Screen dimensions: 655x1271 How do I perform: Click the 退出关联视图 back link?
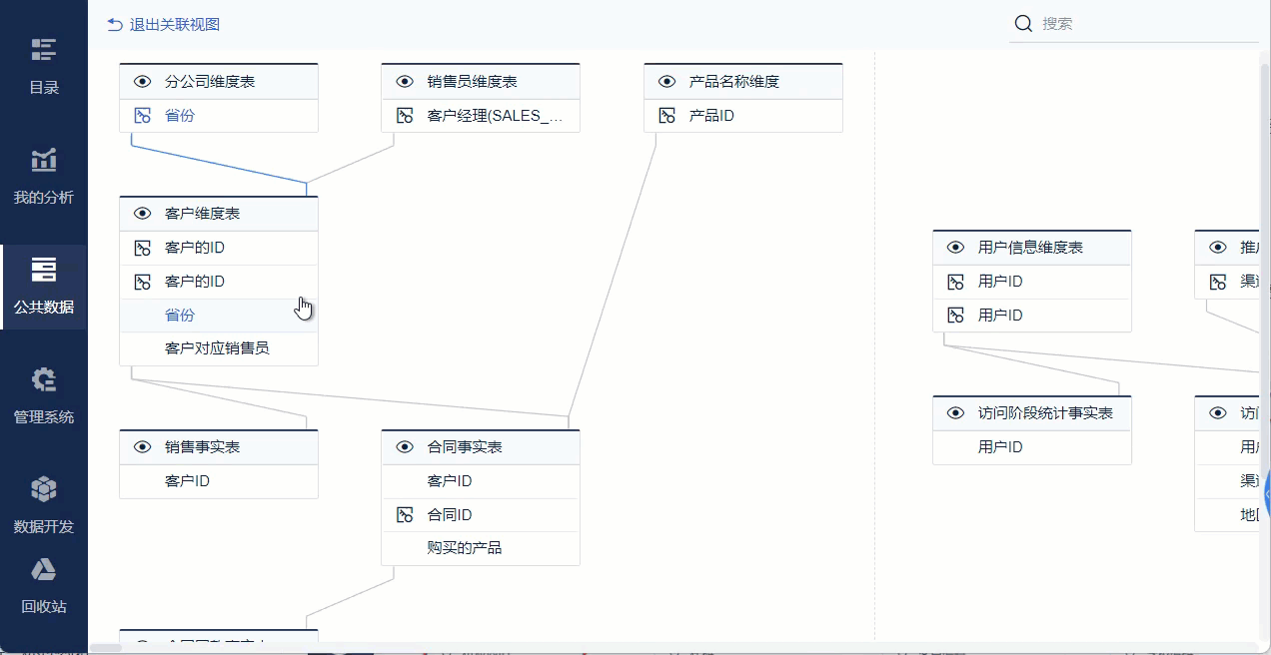164,24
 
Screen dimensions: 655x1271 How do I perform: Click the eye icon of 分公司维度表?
142,82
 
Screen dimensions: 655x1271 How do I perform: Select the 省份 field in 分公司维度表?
180,116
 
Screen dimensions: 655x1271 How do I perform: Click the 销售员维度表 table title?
472,82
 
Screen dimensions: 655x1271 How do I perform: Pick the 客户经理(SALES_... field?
495,116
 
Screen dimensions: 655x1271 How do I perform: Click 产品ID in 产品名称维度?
711,116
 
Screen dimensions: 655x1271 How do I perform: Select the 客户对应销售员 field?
217,348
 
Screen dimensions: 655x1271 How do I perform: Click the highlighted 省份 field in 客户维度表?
180,316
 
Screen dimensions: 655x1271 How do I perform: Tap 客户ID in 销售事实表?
187,481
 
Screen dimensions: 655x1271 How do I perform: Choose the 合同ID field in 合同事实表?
450,515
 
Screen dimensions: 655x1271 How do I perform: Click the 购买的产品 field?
465,548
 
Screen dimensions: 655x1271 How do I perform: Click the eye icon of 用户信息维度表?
955,248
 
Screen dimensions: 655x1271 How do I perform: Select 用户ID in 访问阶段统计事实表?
1000,447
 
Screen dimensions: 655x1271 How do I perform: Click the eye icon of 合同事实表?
405,447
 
